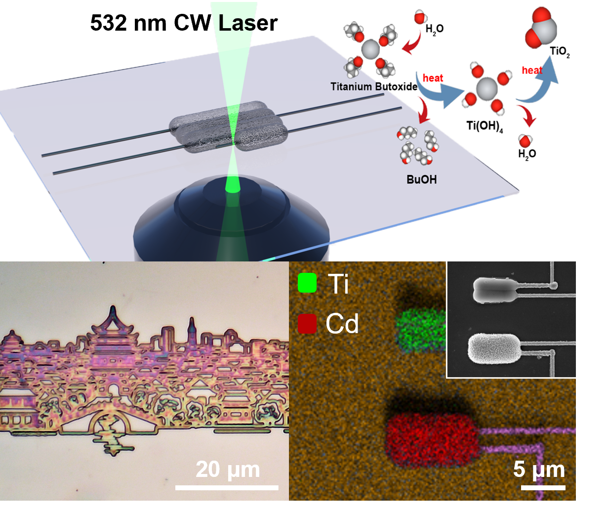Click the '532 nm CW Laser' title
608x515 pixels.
click(184, 23)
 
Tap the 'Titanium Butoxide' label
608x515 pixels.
click(374, 86)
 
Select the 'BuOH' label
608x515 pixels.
click(421, 179)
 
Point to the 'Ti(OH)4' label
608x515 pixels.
click(485, 126)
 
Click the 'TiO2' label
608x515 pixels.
click(560, 52)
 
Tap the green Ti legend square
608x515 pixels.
click(307, 283)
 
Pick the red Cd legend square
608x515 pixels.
click(307, 323)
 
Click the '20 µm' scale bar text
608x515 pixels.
click(228, 470)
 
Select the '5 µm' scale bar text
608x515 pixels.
click(539, 470)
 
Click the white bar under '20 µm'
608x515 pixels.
click(227, 488)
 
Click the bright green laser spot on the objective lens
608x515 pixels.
click(233, 187)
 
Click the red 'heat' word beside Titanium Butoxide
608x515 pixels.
click(433, 78)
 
